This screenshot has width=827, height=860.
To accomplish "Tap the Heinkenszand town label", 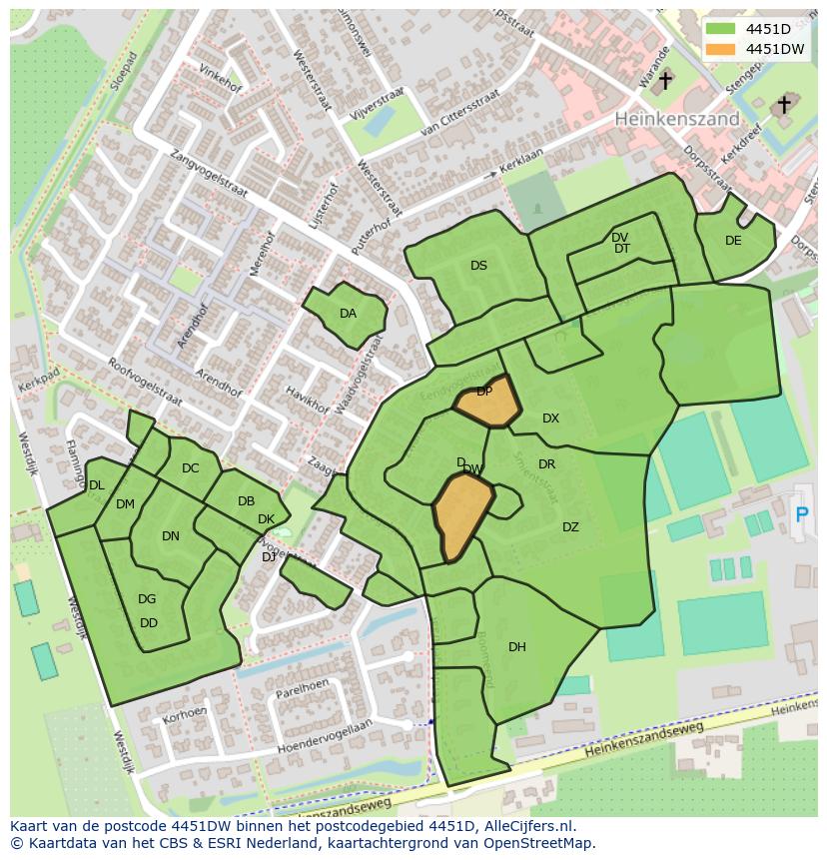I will pos(676,118).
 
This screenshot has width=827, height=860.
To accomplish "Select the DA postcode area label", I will pos(348,314).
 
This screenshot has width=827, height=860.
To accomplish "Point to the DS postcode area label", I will pos(478,266).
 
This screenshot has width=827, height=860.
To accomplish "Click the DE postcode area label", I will pos(733,241).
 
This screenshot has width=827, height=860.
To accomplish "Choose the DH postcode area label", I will pos(516,647).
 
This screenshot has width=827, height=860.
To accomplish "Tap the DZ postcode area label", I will pos(570,527).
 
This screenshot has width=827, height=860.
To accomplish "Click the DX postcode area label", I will pos(550,419).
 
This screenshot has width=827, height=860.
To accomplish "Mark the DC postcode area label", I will pos(190,468).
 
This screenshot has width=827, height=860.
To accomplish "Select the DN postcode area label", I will pos(171,536).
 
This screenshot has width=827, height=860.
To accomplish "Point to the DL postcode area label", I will pos(96,485).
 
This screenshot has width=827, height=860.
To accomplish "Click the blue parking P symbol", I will pos(801,514).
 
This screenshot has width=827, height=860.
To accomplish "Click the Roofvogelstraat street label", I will pos(145,381).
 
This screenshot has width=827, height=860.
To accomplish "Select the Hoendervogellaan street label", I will pos(324,736).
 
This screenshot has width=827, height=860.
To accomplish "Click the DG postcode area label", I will pos(147,599).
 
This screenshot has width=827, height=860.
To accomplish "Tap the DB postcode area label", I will pos(246,501).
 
